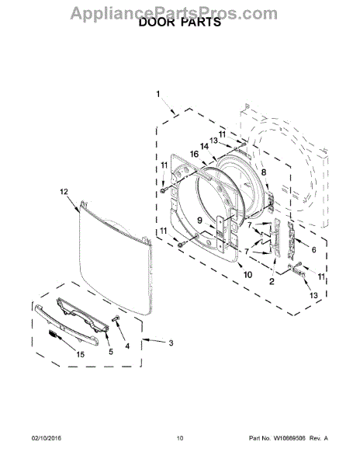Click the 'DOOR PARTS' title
click(180, 23)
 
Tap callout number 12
click(64, 192)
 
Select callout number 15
click(81, 354)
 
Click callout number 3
click(171, 343)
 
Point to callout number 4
click(127, 346)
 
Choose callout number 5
click(111, 352)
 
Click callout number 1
click(158, 94)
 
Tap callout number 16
click(194, 155)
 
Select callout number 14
click(204, 146)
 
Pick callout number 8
click(264, 172)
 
